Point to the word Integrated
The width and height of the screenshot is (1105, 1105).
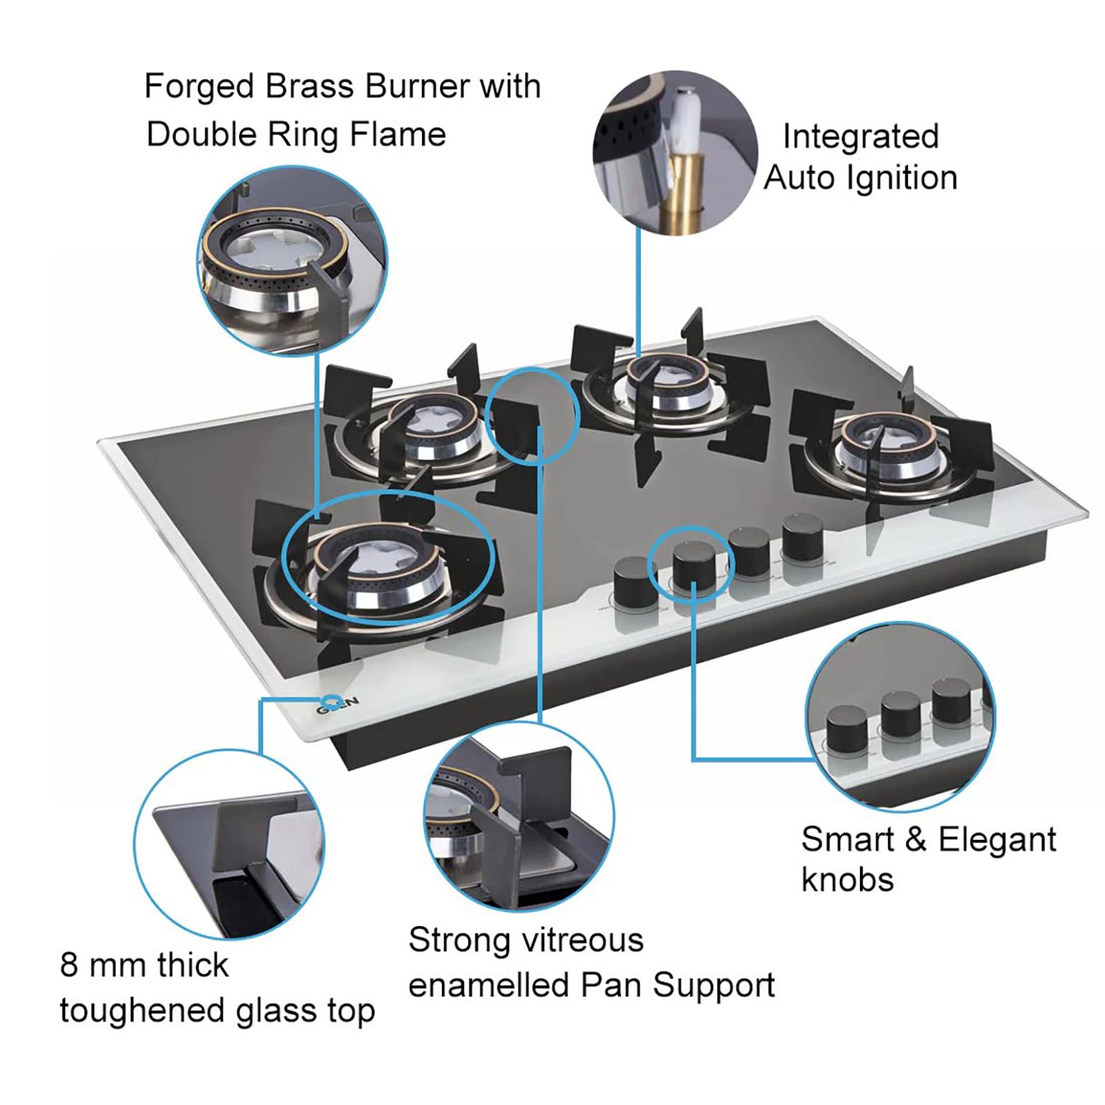click(861, 136)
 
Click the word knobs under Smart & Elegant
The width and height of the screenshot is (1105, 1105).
click(847, 880)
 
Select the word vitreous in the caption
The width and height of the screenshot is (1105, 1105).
click(583, 941)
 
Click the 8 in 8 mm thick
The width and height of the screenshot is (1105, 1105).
click(68, 965)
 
